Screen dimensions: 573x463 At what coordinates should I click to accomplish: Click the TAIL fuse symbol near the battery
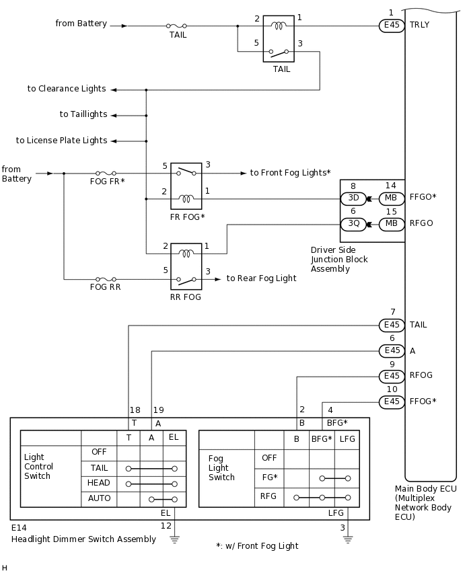click(x=178, y=26)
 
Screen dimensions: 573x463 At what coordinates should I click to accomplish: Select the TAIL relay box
click(x=279, y=39)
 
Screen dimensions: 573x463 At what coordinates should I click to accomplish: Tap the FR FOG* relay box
click(x=186, y=186)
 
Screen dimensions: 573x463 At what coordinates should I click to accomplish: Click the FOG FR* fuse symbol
click(x=107, y=174)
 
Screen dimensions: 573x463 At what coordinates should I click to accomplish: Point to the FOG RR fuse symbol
click(x=107, y=278)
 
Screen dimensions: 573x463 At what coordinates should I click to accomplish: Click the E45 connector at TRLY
click(x=392, y=26)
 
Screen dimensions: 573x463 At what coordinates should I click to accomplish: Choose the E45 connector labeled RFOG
click(x=392, y=376)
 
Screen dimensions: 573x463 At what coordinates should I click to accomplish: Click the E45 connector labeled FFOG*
click(x=392, y=402)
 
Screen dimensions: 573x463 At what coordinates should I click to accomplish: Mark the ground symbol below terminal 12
click(x=175, y=538)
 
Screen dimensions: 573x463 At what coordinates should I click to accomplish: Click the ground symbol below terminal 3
click(x=348, y=538)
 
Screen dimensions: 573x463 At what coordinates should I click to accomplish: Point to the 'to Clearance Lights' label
click(x=67, y=89)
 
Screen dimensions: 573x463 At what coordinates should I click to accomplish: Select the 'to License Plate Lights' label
click(x=61, y=141)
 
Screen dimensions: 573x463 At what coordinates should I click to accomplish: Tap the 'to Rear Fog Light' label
click(x=261, y=278)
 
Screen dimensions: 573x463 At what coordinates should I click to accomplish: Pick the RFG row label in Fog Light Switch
click(x=269, y=497)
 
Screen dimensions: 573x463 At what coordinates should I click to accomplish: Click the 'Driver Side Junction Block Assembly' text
click(x=339, y=260)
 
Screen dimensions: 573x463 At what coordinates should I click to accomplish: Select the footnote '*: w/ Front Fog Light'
click(x=257, y=546)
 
